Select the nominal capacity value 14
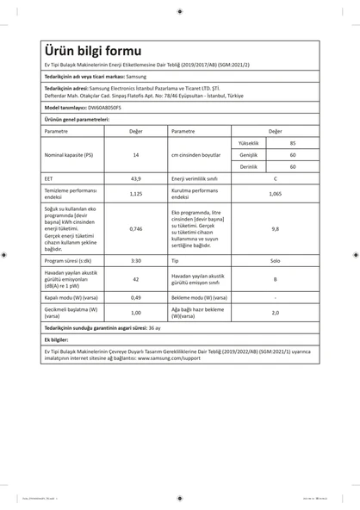click(135, 155)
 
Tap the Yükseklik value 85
click(293, 142)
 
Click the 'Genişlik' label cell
click(248, 154)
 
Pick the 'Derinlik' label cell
click(248, 166)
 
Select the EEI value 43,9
click(135, 178)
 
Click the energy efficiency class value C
click(275, 178)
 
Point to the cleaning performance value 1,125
click(135, 194)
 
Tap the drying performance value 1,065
click(275, 194)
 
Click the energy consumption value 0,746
click(135, 229)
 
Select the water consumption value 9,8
click(275, 229)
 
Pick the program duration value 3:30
click(135, 259)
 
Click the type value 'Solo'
click(275, 259)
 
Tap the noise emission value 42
click(135, 278)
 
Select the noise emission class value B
click(275, 278)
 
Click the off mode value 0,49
click(135, 297)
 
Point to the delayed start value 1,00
click(135, 313)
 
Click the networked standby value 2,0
click(275, 313)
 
